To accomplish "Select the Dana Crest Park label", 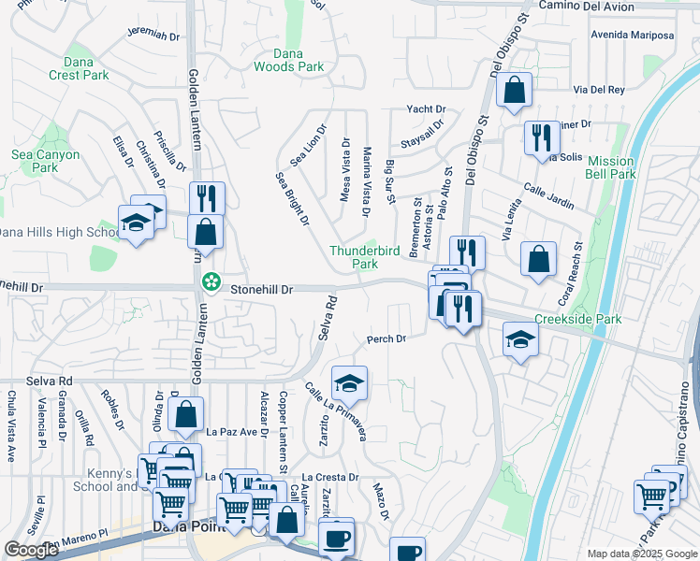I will tap(79, 68).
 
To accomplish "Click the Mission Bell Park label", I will tap(610, 167).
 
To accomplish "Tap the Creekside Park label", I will tap(577, 319).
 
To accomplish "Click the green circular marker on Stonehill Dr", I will tap(212, 280).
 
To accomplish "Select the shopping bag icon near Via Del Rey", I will tap(514, 91).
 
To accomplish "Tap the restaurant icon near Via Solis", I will tap(541, 138).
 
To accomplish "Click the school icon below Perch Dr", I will tap(349, 383).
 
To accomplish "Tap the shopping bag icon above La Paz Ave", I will tap(186, 414).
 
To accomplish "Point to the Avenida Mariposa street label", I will tap(632, 36).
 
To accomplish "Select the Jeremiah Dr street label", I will tap(153, 35).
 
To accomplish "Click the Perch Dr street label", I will tap(386, 339).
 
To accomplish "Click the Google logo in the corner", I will tap(31, 550).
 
